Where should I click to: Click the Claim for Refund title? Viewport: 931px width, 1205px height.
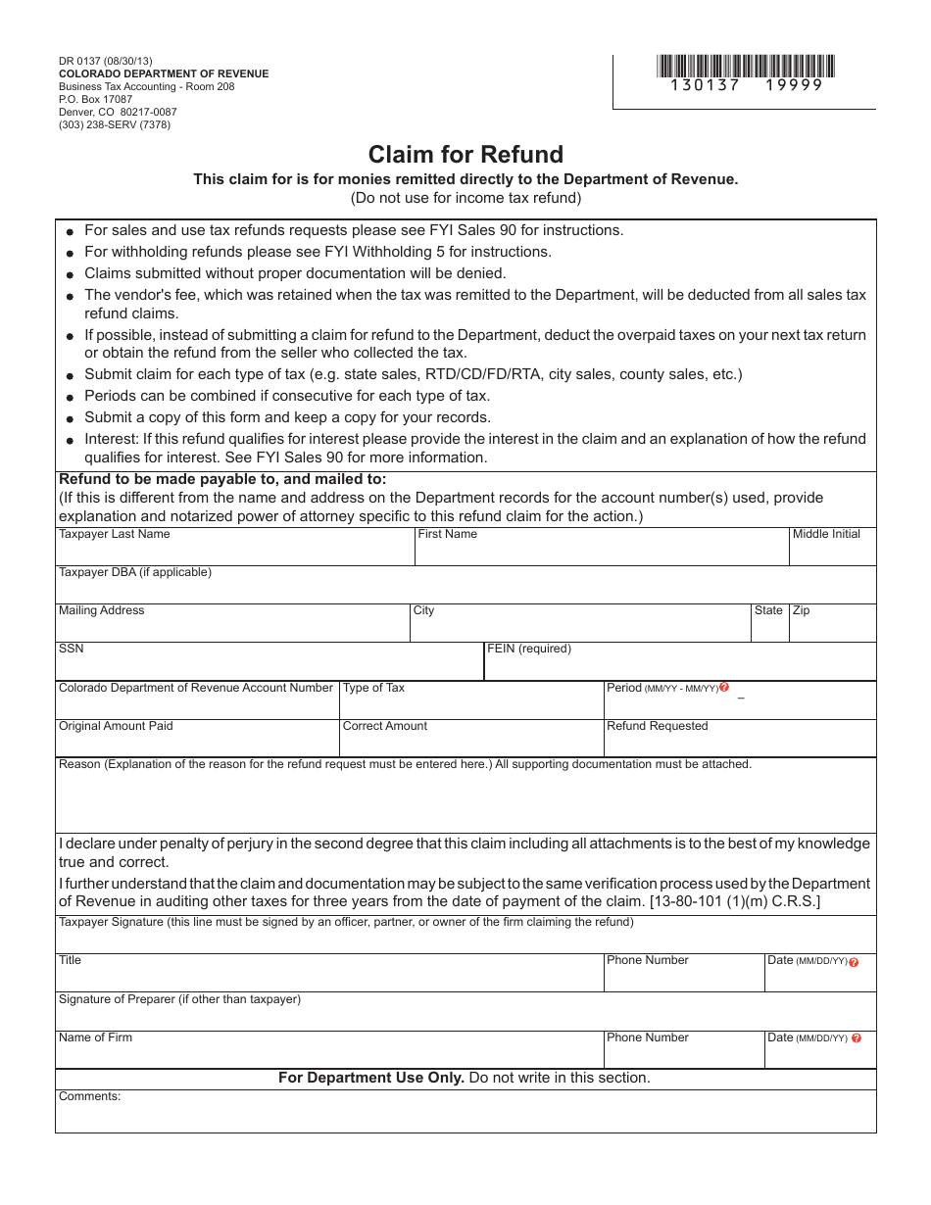coord(465,155)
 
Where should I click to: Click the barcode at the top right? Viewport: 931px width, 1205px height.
coord(746,67)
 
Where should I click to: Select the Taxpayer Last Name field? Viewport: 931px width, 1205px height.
coord(235,552)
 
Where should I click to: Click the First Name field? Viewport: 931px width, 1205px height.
coord(602,552)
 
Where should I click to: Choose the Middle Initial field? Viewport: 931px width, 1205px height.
coord(832,552)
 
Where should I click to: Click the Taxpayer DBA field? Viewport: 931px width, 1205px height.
coord(465,589)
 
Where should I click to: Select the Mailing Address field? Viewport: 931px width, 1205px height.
coord(232,628)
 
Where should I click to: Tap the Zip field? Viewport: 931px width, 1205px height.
coord(832,628)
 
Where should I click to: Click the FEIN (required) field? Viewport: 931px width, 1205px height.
coord(680,666)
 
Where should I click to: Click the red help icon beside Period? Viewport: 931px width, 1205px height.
coord(724,688)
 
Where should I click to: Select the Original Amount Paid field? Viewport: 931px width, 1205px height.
coord(197,743)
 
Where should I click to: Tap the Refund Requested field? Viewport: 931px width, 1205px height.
coord(739,743)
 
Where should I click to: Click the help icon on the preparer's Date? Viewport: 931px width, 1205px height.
coord(857,1038)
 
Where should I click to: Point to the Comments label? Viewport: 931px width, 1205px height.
coord(89,1096)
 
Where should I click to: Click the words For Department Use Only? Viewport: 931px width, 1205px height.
coord(371,1078)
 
